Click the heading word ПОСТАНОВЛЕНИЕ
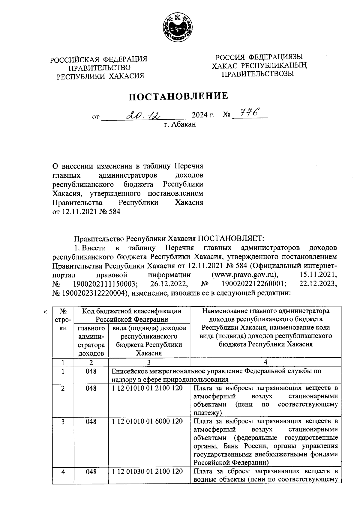point(179,96)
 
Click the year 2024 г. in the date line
point(203,115)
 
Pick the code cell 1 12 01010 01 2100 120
point(148,388)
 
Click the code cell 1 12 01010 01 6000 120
point(148,421)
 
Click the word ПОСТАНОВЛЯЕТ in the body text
point(230,239)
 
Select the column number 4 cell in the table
point(265,362)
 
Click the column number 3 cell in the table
point(149,362)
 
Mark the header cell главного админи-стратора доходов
point(91,341)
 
